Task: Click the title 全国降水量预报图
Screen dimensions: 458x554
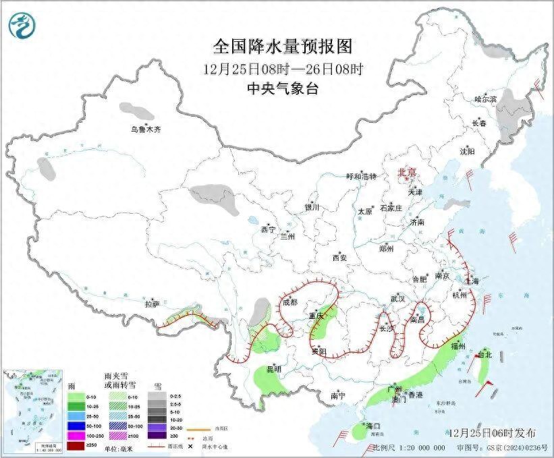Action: (283, 47)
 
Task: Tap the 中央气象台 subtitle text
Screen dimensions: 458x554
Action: (283, 88)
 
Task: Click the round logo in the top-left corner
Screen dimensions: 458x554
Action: (21, 25)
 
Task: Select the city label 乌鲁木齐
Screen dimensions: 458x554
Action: (146, 129)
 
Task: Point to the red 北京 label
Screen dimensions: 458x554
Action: (408, 173)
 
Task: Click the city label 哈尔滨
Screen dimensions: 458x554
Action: (485, 99)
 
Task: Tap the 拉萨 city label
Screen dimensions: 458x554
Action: (151, 305)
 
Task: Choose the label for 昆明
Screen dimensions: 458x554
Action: (274, 369)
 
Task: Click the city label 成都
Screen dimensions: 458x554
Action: (289, 302)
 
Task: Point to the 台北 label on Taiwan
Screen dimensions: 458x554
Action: (484, 354)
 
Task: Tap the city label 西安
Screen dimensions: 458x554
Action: (339, 258)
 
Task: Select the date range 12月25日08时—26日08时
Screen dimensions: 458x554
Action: (283, 69)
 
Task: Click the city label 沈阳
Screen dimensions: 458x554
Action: (467, 151)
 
